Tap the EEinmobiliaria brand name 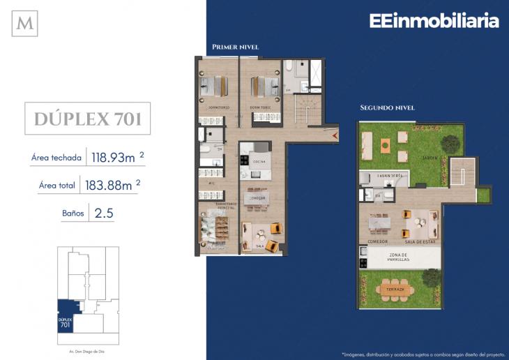click(434, 21)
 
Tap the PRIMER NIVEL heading click(235, 47)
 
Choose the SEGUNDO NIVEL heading click(387, 108)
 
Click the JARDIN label click(430, 158)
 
